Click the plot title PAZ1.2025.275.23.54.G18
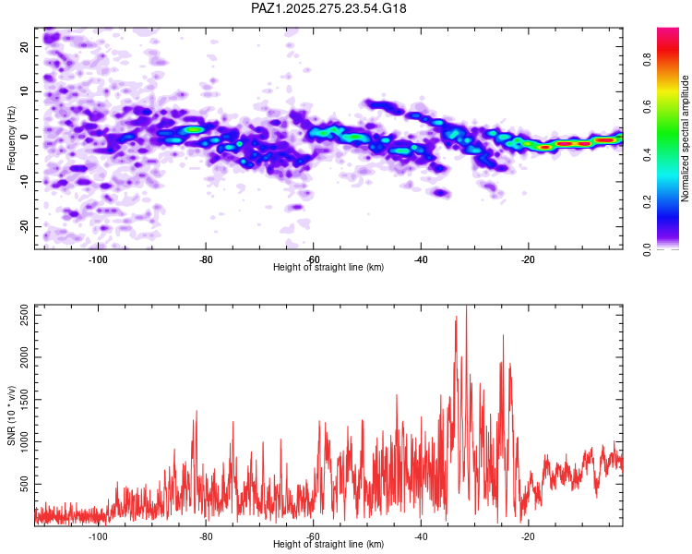[329, 8]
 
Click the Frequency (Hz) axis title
[11, 138]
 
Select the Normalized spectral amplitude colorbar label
[686, 138]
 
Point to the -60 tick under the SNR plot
[313, 536]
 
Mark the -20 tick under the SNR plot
[528, 536]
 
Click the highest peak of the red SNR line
[466, 307]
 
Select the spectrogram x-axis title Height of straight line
[328, 268]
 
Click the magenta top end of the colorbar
[668, 32]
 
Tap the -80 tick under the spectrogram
[206, 259]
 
